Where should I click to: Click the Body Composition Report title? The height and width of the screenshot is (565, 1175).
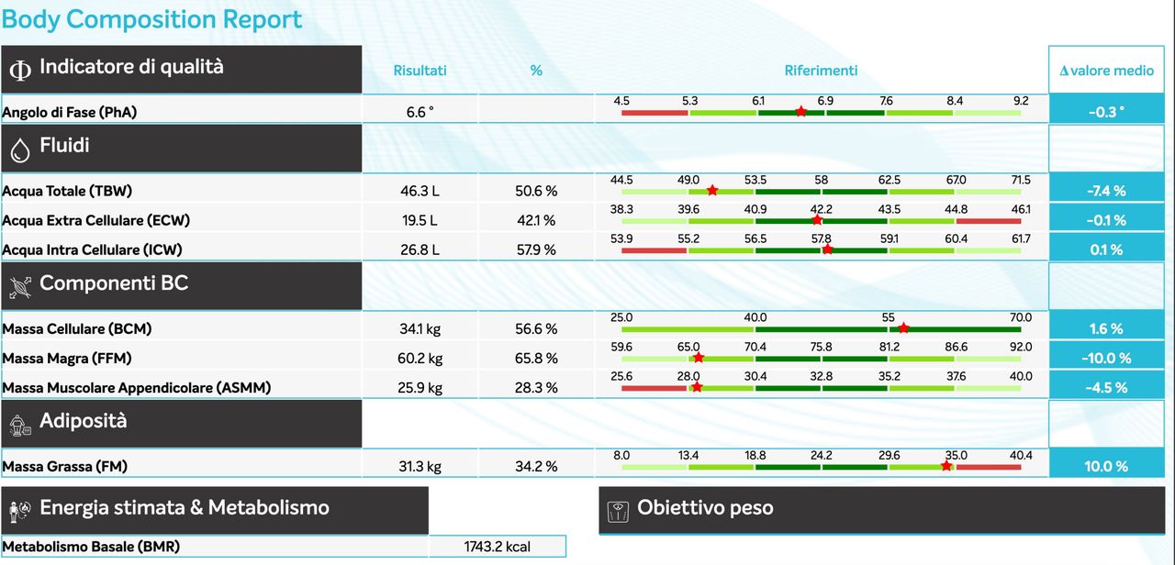pyautogui.click(x=151, y=19)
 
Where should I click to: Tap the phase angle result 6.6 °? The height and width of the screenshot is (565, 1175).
pyautogui.click(x=420, y=112)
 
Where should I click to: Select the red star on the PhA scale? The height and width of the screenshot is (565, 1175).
pyautogui.click(x=800, y=111)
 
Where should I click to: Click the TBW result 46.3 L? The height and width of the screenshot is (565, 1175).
pyautogui.click(x=420, y=191)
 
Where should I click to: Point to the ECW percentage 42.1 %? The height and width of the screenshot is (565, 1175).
pyautogui.click(x=536, y=220)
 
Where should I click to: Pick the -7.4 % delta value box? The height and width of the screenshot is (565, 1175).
pyautogui.click(x=1106, y=191)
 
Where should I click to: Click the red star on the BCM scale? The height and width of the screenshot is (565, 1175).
pyautogui.click(x=903, y=327)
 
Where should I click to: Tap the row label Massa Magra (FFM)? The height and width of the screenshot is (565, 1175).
pyautogui.click(x=60, y=358)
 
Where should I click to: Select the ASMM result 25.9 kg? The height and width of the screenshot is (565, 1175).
pyautogui.click(x=420, y=387)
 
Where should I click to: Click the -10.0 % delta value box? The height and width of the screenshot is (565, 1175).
pyautogui.click(x=1106, y=358)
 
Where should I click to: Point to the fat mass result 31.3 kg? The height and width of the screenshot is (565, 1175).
pyautogui.click(x=420, y=466)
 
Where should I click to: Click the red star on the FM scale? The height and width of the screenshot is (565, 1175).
pyautogui.click(x=946, y=465)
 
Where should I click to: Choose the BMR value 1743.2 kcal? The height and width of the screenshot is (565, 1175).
pyautogui.click(x=497, y=547)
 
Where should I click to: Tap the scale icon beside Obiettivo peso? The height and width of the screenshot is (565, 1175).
pyautogui.click(x=619, y=509)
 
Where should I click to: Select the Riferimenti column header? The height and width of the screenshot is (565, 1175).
pyautogui.click(x=821, y=71)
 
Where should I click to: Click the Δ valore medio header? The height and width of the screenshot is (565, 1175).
pyautogui.click(x=1106, y=71)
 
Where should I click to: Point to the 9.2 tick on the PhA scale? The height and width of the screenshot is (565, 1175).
pyautogui.click(x=1021, y=101)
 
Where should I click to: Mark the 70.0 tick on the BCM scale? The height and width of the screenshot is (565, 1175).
pyautogui.click(x=1021, y=317)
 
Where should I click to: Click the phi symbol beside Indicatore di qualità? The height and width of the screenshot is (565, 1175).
pyautogui.click(x=19, y=71)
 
